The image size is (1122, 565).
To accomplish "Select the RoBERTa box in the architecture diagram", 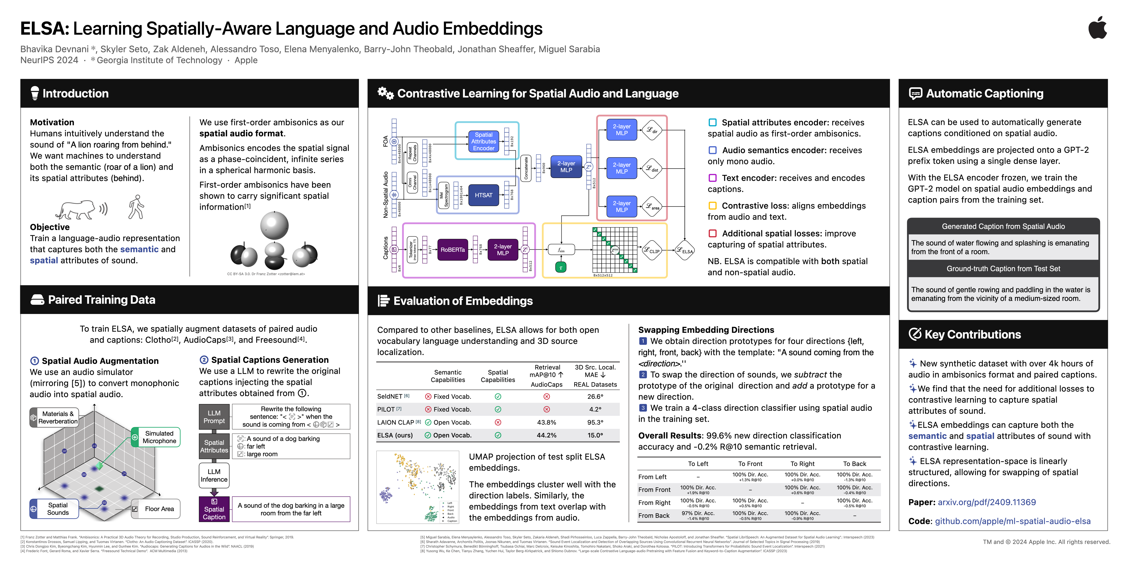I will [453, 250].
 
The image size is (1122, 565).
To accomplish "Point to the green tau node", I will [561, 267].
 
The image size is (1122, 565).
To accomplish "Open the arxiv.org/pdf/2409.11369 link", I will [987, 502].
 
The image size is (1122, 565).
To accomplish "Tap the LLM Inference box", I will [214, 475].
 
